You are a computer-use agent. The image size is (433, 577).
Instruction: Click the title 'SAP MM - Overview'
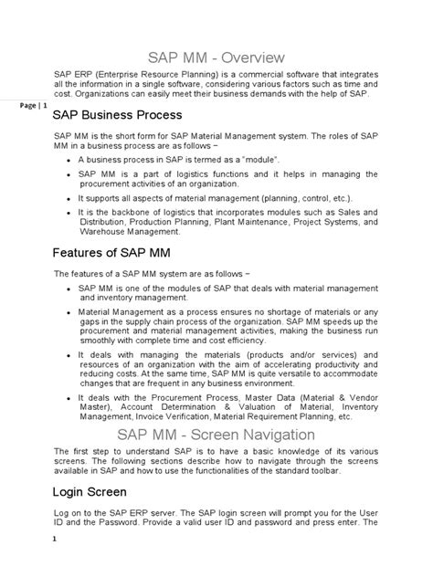216,57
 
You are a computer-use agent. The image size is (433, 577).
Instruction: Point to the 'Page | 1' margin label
32,106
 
